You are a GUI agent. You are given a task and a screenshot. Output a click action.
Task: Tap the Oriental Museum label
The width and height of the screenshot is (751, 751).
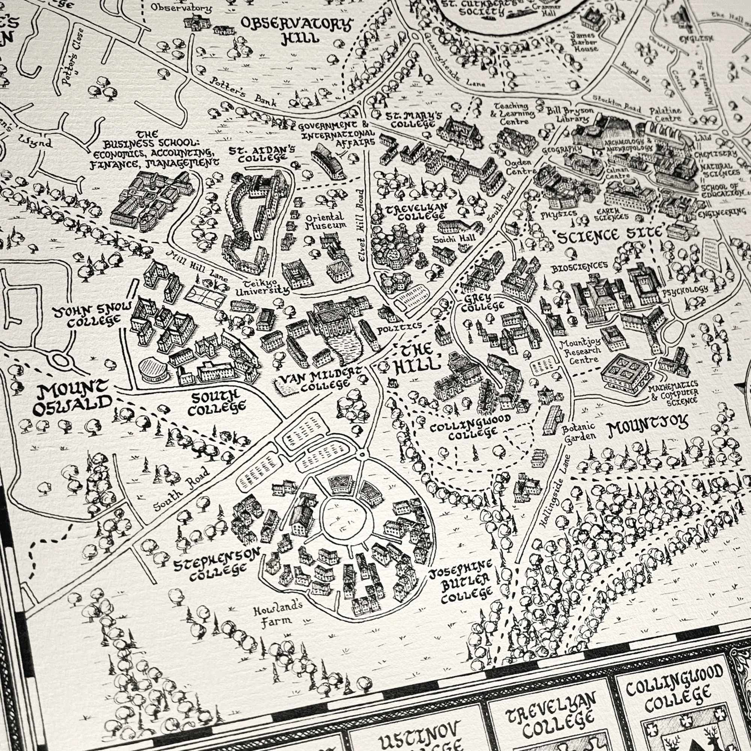324,221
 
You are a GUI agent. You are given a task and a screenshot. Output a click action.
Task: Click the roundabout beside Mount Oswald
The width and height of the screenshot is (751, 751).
60,360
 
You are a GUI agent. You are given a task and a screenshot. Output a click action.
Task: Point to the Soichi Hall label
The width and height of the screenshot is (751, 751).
455,238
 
